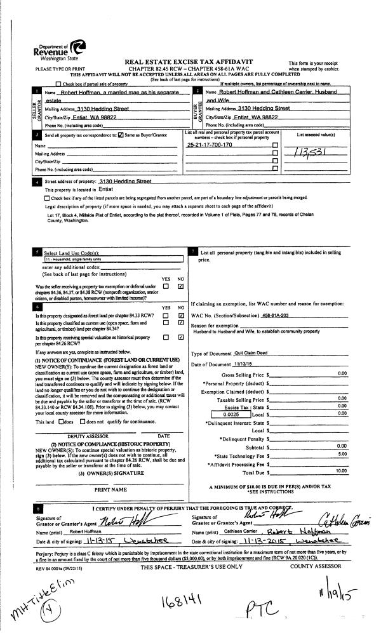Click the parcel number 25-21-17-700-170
[210, 145]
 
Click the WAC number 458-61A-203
[279, 315]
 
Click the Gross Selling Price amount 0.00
[342, 374]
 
